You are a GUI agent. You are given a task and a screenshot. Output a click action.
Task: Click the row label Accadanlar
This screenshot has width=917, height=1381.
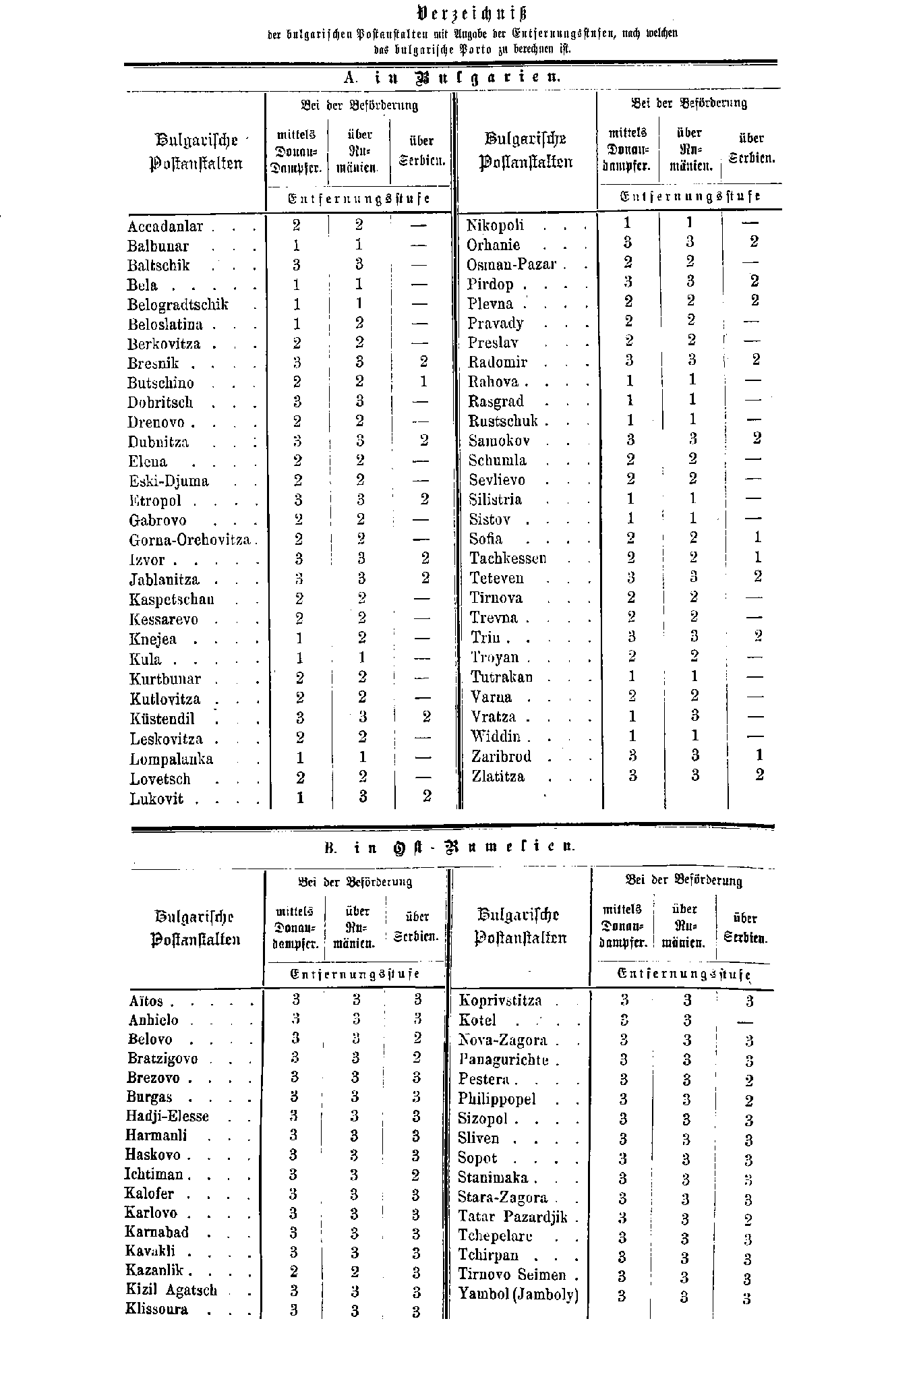point(165,227)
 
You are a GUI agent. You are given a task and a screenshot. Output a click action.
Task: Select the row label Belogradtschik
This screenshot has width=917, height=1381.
point(178,305)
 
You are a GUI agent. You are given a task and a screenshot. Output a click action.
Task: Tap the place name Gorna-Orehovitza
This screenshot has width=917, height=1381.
point(190,540)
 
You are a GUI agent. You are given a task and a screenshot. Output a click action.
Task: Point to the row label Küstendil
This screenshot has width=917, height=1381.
point(162,719)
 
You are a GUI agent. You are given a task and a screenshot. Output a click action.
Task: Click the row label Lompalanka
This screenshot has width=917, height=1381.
point(171,759)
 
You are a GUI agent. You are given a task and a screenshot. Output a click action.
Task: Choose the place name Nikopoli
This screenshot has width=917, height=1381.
point(496,225)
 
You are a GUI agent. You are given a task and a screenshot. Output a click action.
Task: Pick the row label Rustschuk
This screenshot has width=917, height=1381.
point(504,421)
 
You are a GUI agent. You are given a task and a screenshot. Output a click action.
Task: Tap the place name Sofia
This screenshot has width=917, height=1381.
point(486,539)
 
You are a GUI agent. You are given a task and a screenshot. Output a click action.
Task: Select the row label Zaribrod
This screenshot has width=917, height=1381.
point(502,757)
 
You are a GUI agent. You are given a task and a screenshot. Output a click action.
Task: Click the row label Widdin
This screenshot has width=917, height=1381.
point(496,736)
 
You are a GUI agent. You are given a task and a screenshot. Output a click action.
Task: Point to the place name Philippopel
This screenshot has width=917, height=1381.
point(497,1100)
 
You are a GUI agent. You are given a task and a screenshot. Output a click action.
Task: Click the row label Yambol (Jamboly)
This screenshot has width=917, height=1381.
point(519,1294)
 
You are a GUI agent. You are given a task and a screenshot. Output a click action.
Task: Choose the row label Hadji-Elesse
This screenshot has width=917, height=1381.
point(167,1117)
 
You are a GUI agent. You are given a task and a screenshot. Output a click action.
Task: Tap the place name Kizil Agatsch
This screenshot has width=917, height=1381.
point(171,1291)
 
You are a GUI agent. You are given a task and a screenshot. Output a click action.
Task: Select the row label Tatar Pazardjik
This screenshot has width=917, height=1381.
point(513,1217)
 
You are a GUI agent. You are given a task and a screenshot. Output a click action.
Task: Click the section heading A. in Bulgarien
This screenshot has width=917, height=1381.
point(452,77)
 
